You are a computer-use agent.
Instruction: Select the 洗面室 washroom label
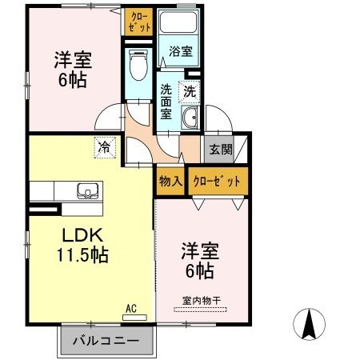pyautogui.click(x=166, y=102)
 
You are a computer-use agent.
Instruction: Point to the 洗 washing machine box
pyautogui.click(x=190, y=90)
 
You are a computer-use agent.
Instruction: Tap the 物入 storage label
pyautogui.click(x=170, y=182)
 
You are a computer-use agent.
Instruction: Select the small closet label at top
pyautogui.click(x=135, y=22)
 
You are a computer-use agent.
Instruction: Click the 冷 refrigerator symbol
pyautogui.click(x=104, y=146)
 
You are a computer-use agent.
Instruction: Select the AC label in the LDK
pyautogui.click(x=131, y=307)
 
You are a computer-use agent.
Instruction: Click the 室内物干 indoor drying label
pyautogui.click(x=201, y=302)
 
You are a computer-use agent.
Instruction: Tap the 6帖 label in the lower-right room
pyautogui.click(x=201, y=271)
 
